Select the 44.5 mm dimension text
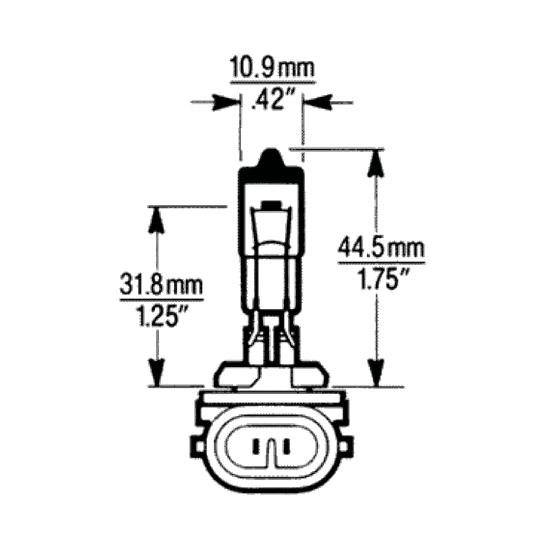click(381, 249)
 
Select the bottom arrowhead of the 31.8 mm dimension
click(156, 372)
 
